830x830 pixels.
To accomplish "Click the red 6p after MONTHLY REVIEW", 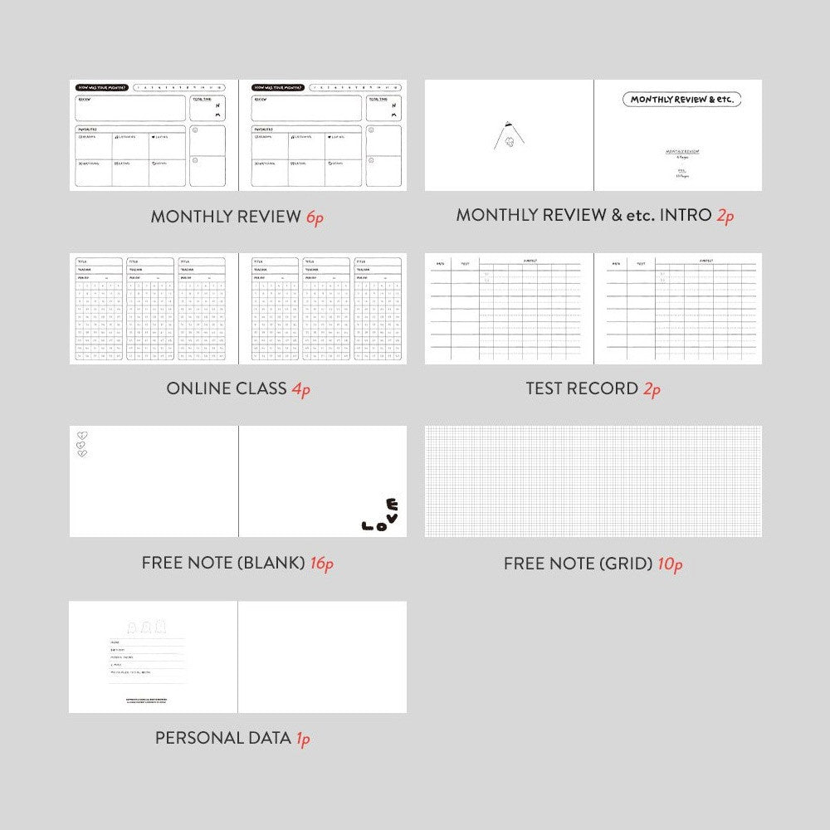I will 314,217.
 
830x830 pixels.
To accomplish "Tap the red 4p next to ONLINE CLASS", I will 300,389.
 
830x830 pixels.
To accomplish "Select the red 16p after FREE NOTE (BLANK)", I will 321,564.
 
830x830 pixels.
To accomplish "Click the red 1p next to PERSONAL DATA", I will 303,738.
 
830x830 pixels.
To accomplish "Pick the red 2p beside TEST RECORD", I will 652,389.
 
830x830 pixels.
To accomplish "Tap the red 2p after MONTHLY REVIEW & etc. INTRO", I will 725,216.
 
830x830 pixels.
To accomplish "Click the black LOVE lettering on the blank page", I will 381,516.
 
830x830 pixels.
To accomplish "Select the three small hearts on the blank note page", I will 81,444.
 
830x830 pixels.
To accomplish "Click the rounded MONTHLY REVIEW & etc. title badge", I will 681,100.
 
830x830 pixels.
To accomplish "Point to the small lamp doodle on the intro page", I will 504,135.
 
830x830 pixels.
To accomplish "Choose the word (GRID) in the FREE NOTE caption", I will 625,564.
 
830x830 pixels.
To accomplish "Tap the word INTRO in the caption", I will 686,216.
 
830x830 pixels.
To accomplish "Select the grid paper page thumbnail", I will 593,481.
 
